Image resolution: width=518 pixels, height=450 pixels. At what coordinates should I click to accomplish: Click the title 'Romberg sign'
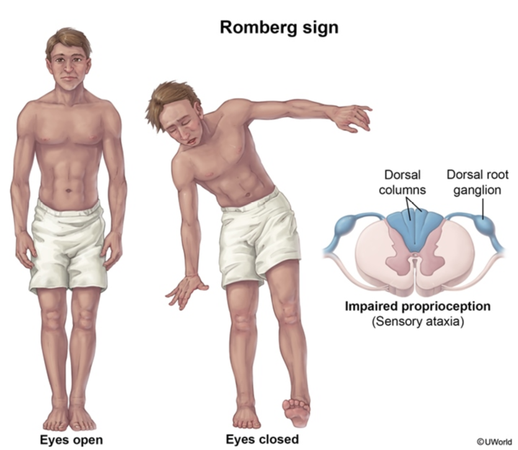click(x=279, y=28)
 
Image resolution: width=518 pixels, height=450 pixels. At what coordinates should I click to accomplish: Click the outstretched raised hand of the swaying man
click(x=353, y=117)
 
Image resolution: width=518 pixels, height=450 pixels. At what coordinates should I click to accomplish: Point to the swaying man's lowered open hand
click(x=184, y=291)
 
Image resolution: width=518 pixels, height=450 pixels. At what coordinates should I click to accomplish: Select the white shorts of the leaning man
click(x=259, y=238)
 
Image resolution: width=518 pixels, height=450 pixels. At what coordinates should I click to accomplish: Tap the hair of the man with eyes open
click(x=68, y=40)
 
